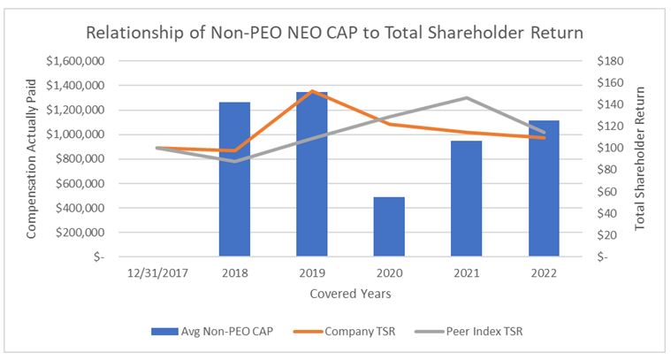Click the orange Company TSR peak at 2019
(311, 91)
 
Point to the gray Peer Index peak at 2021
(465, 97)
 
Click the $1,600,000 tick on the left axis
(74, 61)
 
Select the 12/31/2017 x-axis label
(157, 273)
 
